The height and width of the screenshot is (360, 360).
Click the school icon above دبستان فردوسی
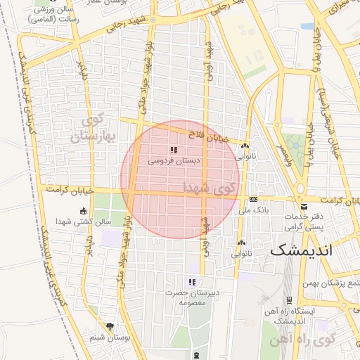(x=174, y=150)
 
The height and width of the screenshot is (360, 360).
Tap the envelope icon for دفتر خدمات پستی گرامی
(x=304, y=206)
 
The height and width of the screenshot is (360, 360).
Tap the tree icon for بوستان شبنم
(x=109, y=326)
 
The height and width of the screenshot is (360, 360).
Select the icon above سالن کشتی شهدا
(x=84, y=211)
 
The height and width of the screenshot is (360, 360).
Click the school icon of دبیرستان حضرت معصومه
(x=191, y=282)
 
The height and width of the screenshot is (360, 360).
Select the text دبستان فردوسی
(x=174, y=161)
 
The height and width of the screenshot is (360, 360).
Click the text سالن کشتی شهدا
(x=84, y=221)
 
